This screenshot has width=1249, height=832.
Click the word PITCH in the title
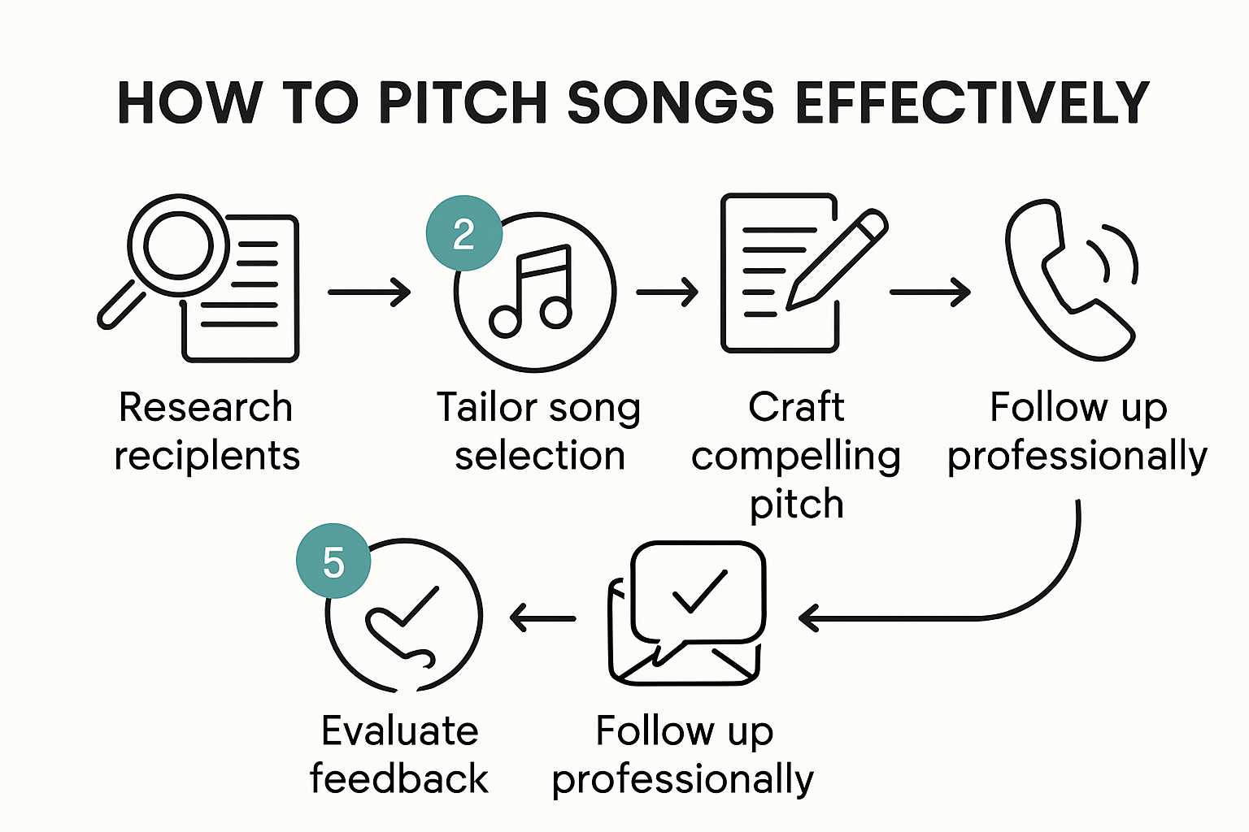pos(461,103)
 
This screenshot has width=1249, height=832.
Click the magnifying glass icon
pos(167,252)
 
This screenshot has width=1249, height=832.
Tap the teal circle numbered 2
pos(463,234)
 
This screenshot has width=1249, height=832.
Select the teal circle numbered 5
pos(333,561)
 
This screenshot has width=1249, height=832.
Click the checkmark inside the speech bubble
pos(699,589)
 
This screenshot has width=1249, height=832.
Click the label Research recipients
pos(207,431)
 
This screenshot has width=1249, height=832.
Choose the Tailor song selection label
pos(538,431)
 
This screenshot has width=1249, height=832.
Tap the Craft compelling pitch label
pos(796,455)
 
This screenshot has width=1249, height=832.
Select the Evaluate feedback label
pos(399,755)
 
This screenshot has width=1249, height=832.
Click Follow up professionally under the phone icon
pos(1077,431)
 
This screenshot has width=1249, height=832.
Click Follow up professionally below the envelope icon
pos(683,755)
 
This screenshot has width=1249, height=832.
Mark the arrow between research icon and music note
pos(369,292)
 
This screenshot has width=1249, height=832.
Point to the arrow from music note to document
pos(667,292)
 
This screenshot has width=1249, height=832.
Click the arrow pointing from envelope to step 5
pos(542,618)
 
